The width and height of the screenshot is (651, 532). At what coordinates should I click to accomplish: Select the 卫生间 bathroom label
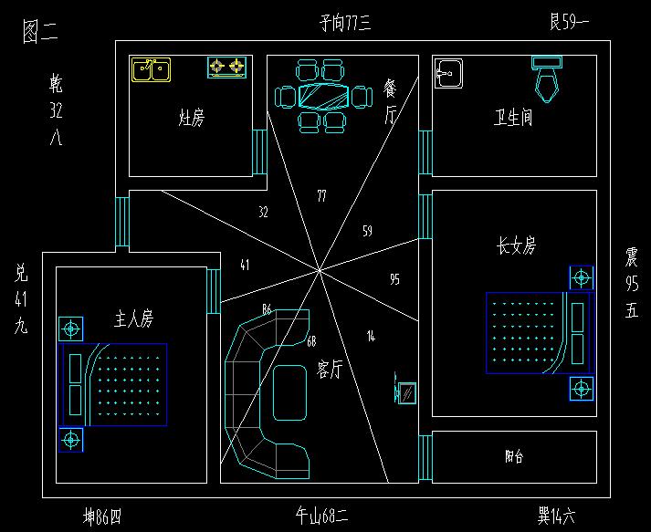(513, 118)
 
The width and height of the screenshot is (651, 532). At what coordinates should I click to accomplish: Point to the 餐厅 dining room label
(391, 101)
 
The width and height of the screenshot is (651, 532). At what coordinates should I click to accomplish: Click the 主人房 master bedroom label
(133, 318)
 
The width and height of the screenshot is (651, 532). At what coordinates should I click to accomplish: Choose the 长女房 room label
(516, 245)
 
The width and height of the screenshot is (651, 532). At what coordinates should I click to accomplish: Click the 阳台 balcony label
(514, 457)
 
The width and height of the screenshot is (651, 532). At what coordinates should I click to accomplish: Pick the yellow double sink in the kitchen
(151, 69)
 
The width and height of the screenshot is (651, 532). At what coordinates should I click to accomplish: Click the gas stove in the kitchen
(227, 67)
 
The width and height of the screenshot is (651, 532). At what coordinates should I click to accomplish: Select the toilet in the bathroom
(548, 77)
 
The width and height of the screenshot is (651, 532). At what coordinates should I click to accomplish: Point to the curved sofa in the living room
(265, 392)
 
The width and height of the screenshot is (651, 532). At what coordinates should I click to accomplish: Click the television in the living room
(405, 391)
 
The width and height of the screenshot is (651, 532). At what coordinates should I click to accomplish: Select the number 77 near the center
(321, 196)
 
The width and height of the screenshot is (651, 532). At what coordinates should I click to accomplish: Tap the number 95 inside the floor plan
(394, 278)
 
